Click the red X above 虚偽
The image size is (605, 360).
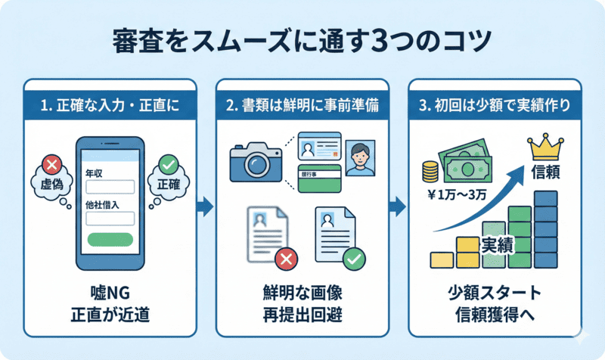pos(51,163)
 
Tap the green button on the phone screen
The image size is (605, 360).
pos(110,241)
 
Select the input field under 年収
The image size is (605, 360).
pos(110,187)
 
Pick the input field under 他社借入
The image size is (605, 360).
pos(110,219)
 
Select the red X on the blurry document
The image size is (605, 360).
pos(286,260)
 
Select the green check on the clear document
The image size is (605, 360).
pos(352,260)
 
